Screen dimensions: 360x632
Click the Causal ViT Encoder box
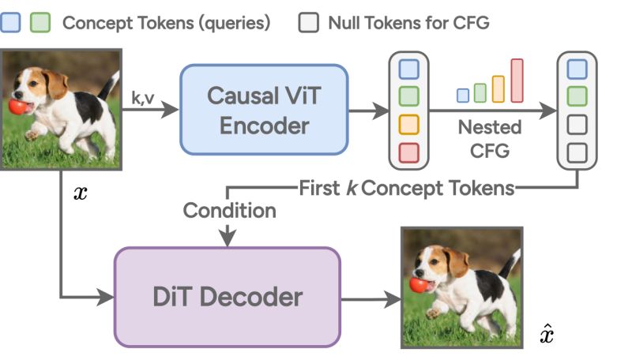point(264,109)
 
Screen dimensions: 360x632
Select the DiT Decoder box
point(228,297)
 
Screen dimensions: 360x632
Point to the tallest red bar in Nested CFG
point(517,81)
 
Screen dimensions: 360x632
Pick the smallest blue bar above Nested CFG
point(463,96)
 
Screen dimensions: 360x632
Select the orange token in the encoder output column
point(408,124)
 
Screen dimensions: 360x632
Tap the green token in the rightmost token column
point(578,96)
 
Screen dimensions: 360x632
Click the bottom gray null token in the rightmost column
point(578,151)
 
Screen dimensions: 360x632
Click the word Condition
point(230,210)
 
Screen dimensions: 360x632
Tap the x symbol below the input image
point(80,192)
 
